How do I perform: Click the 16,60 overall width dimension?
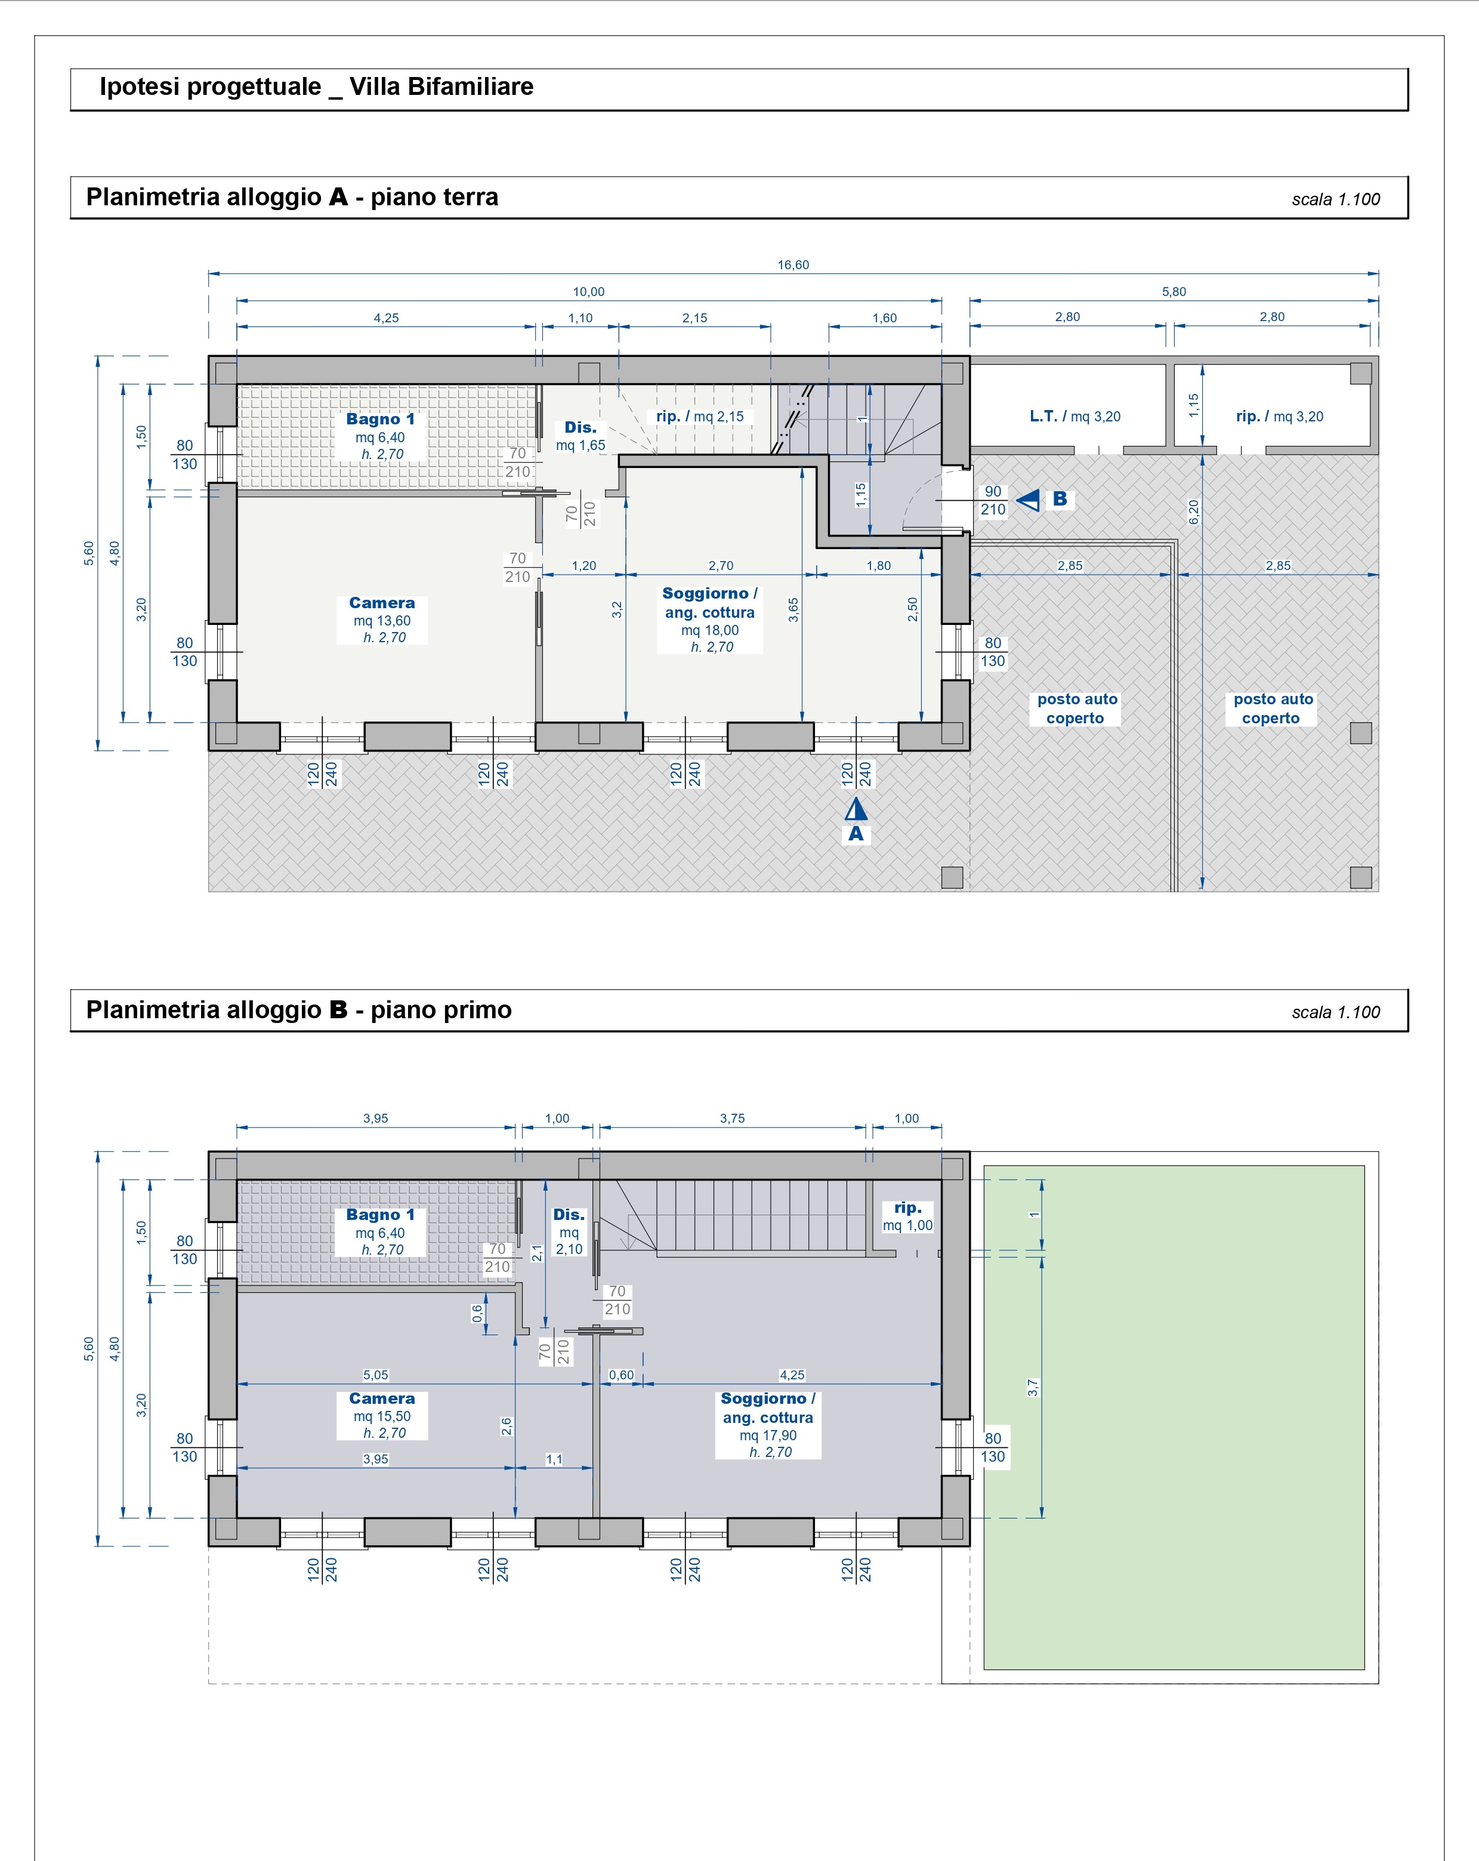coord(793,265)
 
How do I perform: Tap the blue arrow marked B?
coord(1028,500)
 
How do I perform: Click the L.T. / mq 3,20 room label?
coord(1074,416)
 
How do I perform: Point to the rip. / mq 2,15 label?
coord(699,416)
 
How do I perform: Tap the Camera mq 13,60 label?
coord(382,620)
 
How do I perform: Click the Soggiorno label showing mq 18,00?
coord(710,620)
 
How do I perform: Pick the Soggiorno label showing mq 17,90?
coord(768,1425)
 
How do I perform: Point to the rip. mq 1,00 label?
coord(908,1216)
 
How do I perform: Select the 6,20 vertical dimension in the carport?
coord(1193,512)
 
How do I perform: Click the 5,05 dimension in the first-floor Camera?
coord(375,1375)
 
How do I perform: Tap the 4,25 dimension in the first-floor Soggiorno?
coord(792,1375)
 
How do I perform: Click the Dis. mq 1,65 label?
coord(581,436)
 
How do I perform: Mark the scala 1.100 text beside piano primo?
coord(1336,1012)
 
